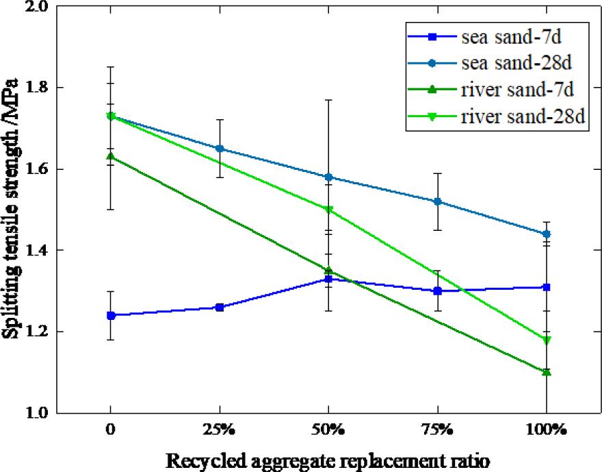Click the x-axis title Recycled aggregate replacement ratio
328,458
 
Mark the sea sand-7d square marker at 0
110,315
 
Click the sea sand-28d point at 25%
219,149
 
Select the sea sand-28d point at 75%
437,201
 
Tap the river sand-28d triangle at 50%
328,210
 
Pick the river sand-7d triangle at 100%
546,372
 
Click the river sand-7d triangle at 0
110,157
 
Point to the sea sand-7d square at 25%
219,307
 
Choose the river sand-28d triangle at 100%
546,340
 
